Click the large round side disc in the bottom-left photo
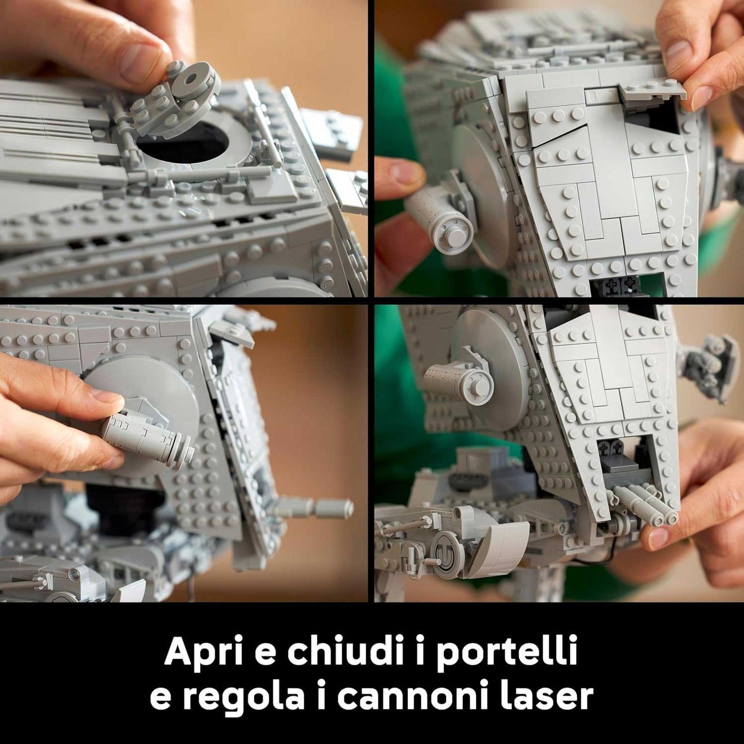[149, 391]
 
